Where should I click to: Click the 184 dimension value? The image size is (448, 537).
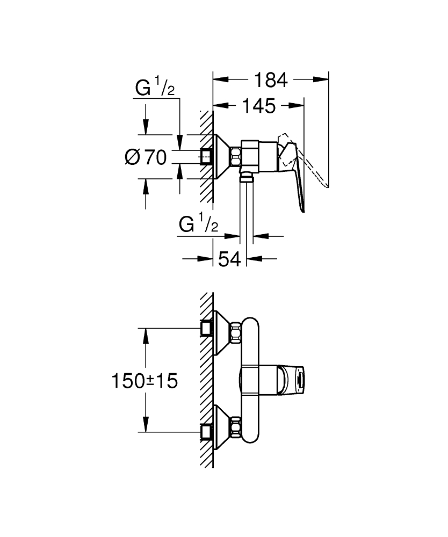point(271,80)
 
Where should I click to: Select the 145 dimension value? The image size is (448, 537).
point(258,106)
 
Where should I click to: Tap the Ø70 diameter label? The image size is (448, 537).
point(146,157)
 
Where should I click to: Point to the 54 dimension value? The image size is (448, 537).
point(229,259)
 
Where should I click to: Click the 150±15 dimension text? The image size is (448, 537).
point(145,381)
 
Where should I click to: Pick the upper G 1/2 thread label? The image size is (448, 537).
point(155,86)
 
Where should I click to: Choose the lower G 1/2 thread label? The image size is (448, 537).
point(198,223)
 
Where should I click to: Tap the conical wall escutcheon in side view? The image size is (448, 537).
point(222,156)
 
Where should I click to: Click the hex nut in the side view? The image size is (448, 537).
point(236,156)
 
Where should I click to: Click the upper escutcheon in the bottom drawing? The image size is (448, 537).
point(222,332)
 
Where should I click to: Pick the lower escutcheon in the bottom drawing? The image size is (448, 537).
point(222,427)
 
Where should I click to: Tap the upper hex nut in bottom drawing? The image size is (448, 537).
point(236,332)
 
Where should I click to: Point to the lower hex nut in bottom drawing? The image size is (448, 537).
point(236,427)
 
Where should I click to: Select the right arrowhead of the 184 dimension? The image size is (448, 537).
point(321,79)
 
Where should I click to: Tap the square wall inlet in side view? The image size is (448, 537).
point(206,156)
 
